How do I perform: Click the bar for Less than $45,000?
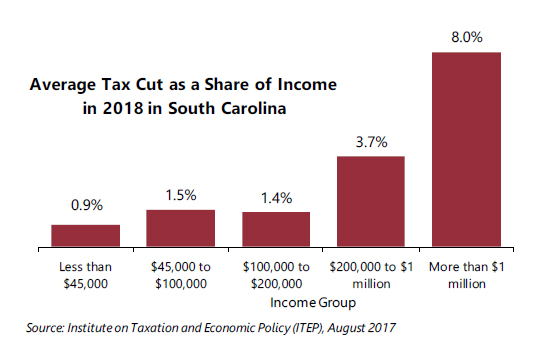coord(86,235)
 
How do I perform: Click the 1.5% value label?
coord(181,196)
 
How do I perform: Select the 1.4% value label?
coord(276,199)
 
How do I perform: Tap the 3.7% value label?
coord(371,142)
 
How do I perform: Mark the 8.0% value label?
coord(466,37)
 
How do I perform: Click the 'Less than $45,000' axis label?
coord(86,275)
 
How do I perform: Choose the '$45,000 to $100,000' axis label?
coord(181,275)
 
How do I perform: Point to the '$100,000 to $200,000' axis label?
coord(276,275)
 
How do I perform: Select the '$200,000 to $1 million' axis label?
coord(371,275)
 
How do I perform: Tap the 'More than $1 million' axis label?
coord(466,275)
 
